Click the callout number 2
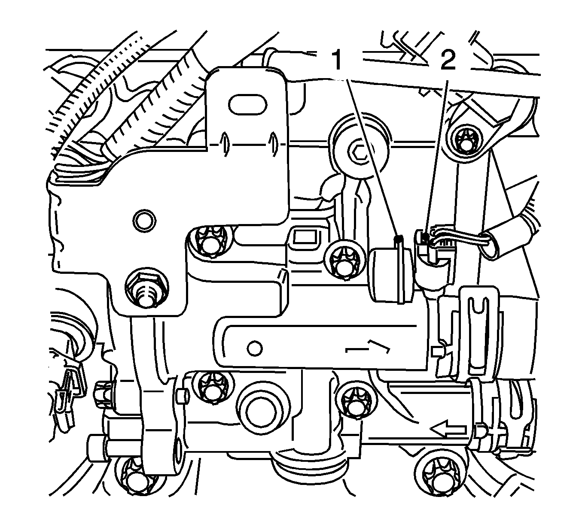(448, 60)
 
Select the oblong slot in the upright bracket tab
(247, 104)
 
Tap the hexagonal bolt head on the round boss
(359, 153)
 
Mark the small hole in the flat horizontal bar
(254, 348)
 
